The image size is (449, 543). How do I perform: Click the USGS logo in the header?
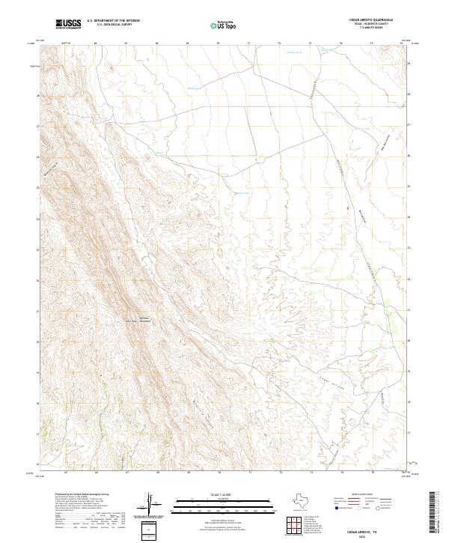pyautogui.click(x=68, y=24)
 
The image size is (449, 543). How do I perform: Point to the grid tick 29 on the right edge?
pyautogui.click(x=409, y=64)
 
